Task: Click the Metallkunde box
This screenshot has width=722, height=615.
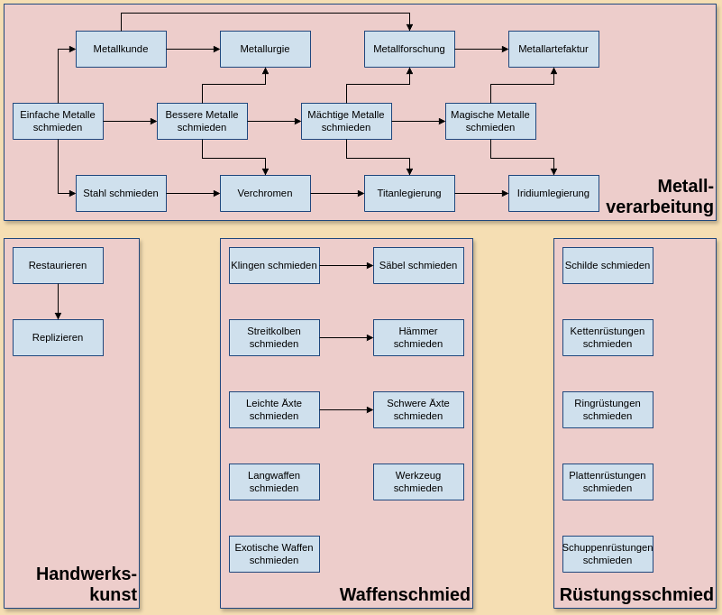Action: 121,49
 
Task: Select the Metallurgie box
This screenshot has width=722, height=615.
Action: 265,49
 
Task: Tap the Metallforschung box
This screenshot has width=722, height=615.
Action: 409,49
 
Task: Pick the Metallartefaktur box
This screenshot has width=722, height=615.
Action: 553,49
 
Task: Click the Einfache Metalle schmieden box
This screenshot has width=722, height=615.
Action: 58,121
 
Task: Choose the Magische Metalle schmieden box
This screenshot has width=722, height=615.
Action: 490,121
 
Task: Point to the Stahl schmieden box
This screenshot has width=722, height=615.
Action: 121,193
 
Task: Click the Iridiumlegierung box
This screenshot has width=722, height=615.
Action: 553,193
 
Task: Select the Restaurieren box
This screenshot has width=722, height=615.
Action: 58,265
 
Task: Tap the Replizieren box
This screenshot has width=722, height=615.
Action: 58,337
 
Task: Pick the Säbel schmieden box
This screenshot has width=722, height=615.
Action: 418,265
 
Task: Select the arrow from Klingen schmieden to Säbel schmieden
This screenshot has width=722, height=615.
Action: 346,265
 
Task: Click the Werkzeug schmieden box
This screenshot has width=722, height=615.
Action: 418,482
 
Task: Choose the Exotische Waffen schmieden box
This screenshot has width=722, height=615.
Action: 274,554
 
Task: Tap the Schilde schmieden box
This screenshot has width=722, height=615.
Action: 608,265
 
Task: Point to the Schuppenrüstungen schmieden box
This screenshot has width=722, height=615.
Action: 608,554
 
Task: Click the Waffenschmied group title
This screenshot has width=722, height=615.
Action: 405,594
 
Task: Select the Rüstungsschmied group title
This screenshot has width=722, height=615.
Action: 636,594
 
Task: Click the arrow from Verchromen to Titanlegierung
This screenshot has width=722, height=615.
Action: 337,193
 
